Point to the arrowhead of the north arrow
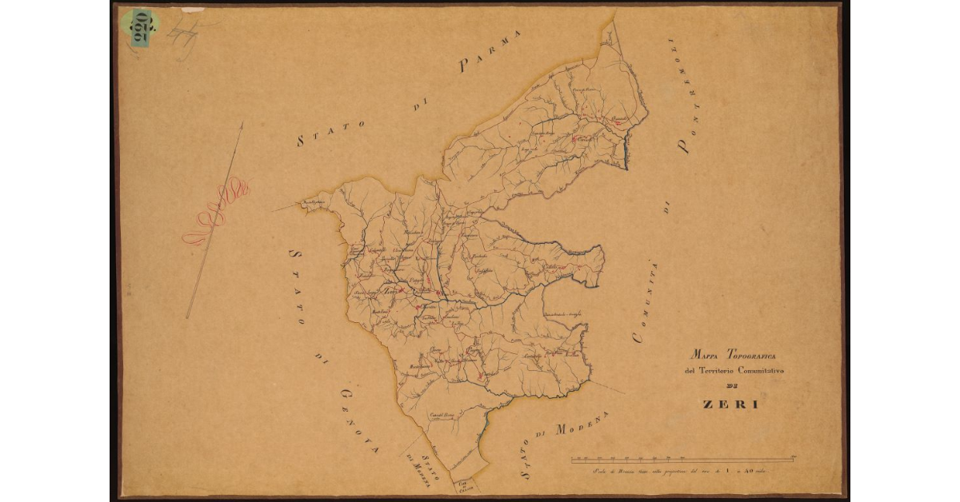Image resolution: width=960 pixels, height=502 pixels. [x=242, y=125]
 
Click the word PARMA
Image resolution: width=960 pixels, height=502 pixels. [x=490, y=52]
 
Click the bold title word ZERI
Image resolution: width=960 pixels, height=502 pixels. [x=730, y=404]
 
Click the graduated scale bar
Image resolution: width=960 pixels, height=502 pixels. [x=681, y=459]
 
